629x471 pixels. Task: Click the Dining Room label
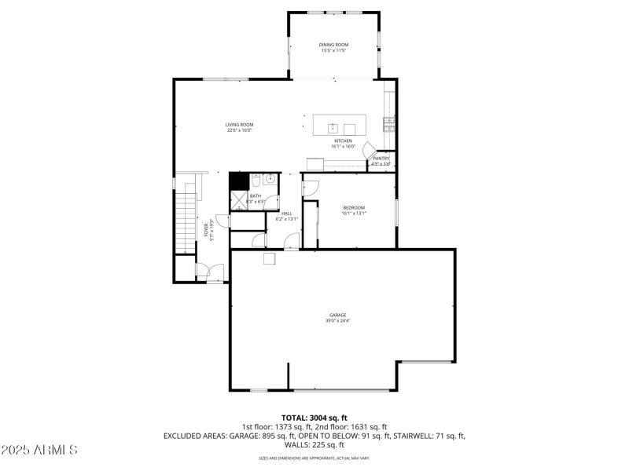pos(333,45)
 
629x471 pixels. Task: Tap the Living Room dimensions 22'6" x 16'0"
pos(239,130)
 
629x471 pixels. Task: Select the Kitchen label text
pos(343,141)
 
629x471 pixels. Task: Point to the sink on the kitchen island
pos(333,127)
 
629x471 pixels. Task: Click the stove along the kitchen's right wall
pos(388,122)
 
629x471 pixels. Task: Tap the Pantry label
pos(381,159)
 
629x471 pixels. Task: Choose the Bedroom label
pos(353,207)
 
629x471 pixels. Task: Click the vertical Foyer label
pos(208,229)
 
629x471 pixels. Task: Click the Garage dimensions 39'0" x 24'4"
pos(338,320)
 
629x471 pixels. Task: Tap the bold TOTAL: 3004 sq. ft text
pos(314,418)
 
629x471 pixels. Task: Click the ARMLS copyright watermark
pos(39,451)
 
